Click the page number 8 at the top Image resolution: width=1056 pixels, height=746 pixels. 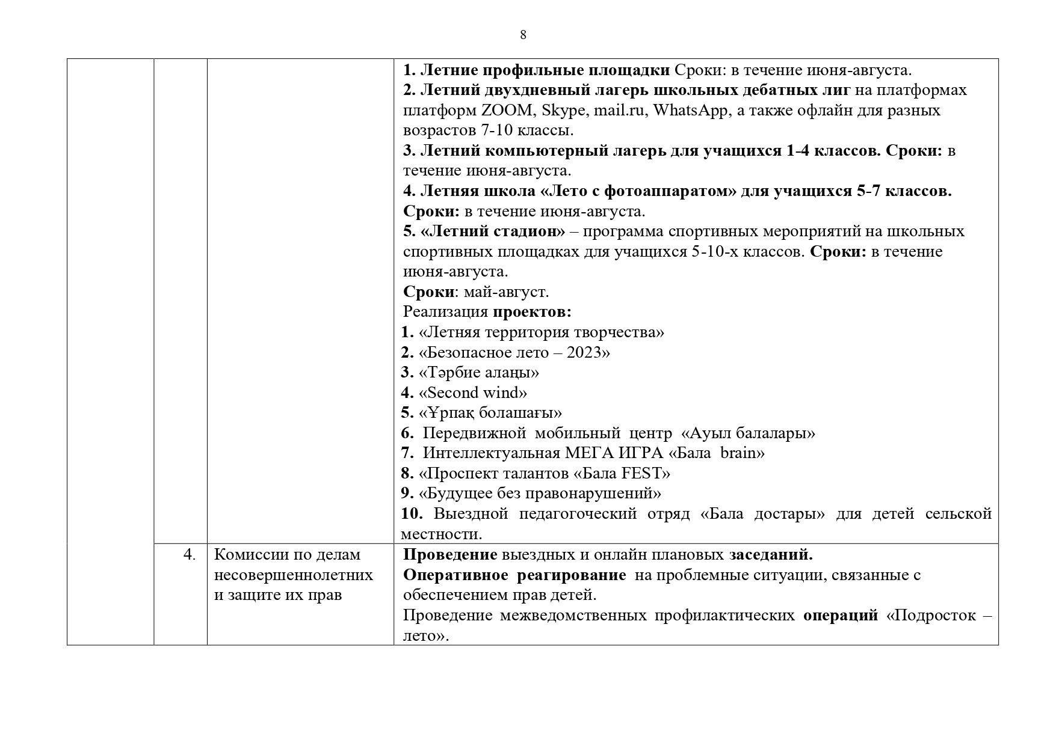coord(523,35)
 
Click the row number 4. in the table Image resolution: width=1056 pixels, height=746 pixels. coord(190,555)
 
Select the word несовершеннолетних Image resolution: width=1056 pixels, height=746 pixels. coord(294,575)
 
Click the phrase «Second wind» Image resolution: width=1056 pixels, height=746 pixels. coord(473,393)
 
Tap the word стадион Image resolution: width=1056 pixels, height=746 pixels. coord(531,231)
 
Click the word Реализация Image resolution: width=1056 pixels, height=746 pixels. coord(445,312)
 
